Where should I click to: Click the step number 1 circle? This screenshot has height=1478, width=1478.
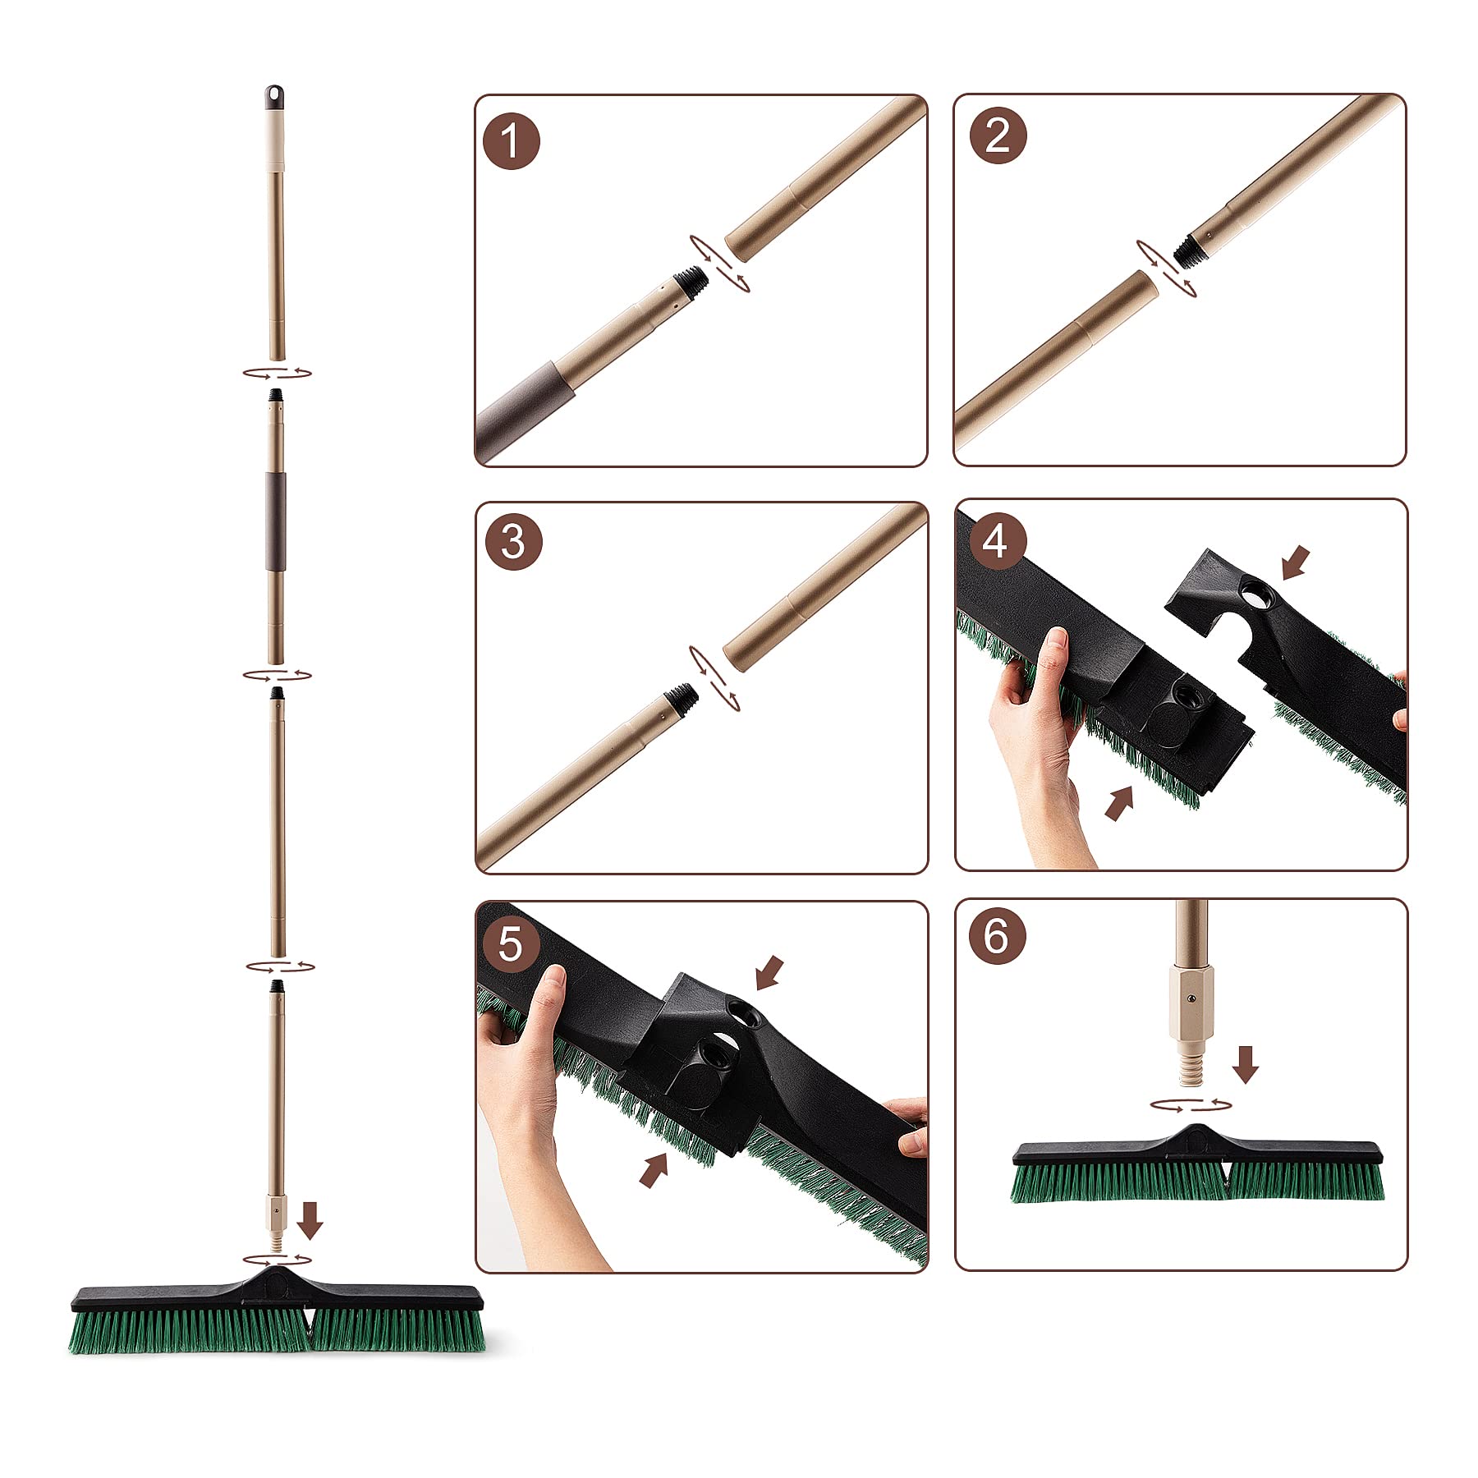tap(512, 141)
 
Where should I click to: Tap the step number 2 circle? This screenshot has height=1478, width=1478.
tap(998, 135)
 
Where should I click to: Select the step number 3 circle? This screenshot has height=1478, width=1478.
tap(513, 542)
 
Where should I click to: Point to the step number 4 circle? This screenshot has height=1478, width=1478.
tap(995, 541)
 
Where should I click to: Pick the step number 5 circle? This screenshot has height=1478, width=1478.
tap(510, 943)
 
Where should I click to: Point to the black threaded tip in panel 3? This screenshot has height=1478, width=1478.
tap(682, 697)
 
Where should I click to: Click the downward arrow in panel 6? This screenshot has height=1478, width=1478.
tap(1246, 1063)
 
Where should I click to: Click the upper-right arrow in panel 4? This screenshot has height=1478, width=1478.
tap(1295, 563)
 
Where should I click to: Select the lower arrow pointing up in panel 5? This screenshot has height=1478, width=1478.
tap(654, 1169)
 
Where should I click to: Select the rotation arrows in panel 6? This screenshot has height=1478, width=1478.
tap(1191, 1105)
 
